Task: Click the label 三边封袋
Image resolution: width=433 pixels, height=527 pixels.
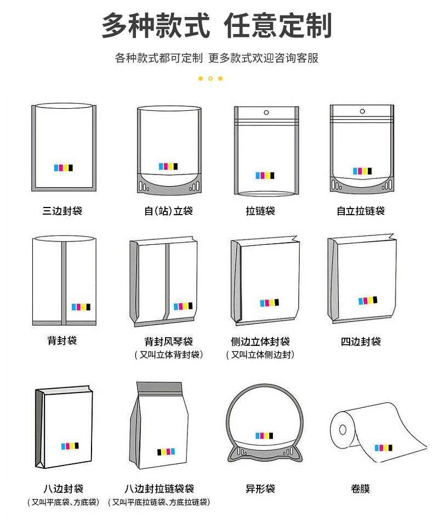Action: click(62, 211)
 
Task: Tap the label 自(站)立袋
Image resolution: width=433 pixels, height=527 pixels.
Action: click(168, 211)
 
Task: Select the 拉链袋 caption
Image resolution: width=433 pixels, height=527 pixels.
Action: click(260, 211)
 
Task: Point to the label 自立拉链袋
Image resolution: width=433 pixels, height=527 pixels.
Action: click(361, 211)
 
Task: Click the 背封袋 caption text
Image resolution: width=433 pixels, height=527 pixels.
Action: click(62, 340)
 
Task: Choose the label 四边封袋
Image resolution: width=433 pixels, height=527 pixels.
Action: click(361, 341)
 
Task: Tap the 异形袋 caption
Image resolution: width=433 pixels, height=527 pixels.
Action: click(260, 489)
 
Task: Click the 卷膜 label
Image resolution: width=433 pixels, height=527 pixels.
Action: click(361, 489)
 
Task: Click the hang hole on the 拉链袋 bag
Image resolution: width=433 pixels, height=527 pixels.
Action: click(266, 112)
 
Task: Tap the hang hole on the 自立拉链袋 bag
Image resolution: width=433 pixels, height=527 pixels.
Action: click(362, 111)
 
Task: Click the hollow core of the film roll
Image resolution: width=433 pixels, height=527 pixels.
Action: click(343, 429)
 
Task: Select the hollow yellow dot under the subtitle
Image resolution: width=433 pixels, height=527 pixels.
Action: click(210, 79)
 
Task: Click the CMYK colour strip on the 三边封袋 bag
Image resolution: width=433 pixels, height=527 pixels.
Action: click(64, 167)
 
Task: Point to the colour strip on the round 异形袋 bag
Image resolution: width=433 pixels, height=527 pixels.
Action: click(264, 435)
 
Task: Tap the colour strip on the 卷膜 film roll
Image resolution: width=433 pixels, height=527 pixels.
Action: click(384, 448)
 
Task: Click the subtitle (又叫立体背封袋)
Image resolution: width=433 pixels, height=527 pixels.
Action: click(168, 355)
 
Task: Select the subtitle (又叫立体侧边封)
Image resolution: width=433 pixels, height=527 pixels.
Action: click(260, 355)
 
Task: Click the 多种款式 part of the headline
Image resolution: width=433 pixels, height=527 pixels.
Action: click(156, 25)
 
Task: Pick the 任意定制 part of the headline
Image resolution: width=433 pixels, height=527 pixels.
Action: click(278, 25)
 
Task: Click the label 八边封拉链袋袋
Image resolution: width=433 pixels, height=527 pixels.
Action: click(159, 489)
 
